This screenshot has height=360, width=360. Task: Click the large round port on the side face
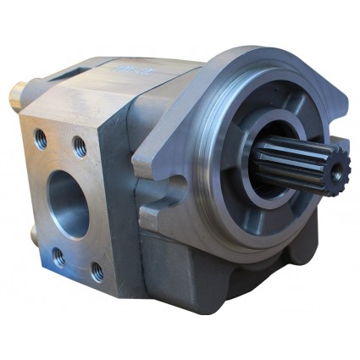(69, 203)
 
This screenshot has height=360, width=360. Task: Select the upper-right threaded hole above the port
(79, 146)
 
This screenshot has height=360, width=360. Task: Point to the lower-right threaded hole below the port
(97, 271)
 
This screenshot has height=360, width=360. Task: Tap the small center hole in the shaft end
(337, 173)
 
